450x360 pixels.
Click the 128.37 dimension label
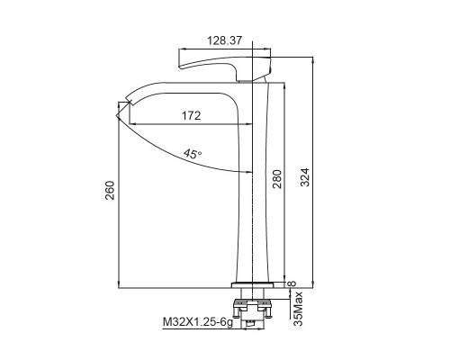224,40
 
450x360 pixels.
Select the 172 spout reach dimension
191,115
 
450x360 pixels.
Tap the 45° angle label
193,154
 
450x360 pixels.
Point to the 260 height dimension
110,190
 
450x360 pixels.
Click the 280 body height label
277,179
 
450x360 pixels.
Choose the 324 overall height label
305,177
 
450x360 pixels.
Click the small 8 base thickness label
292,283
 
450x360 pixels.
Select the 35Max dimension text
298,309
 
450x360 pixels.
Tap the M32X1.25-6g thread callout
198,322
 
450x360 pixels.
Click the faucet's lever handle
225,66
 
